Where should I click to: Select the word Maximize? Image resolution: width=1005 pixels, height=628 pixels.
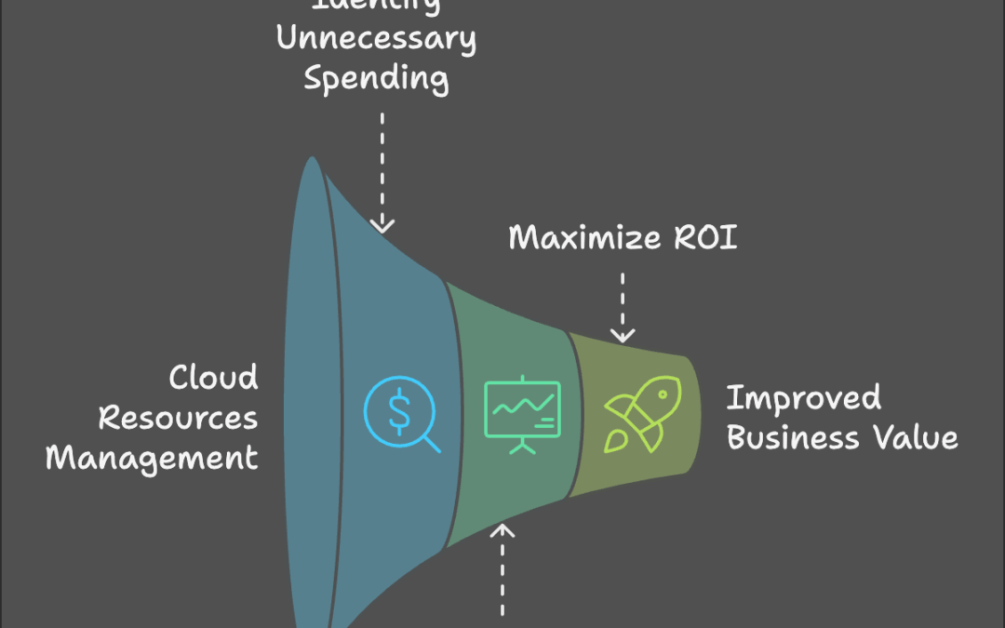(585, 237)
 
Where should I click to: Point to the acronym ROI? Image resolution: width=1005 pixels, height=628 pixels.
(703, 237)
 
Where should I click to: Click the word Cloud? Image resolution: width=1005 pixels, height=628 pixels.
(213, 377)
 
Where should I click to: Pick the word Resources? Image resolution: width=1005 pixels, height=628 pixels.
(178, 418)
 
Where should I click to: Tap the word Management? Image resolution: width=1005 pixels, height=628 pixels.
(152, 459)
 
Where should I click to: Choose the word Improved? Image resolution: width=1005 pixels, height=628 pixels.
(803, 397)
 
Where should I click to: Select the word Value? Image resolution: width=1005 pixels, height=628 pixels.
(921, 437)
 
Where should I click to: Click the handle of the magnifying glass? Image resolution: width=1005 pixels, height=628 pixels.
(431, 445)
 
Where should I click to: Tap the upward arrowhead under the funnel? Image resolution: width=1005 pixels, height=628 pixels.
(503, 530)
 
